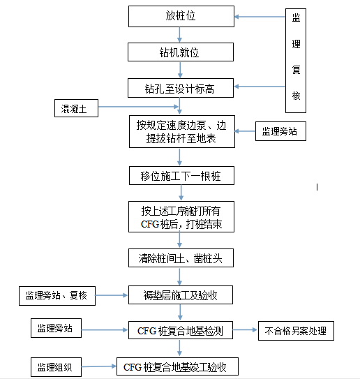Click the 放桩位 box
click(x=180, y=15)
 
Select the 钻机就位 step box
click(x=180, y=52)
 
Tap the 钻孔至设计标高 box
click(x=180, y=88)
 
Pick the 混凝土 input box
click(x=77, y=108)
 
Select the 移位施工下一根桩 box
click(x=180, y=176)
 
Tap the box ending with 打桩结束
click(x=180, y=217)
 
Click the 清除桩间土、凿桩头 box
click(x=180, y=258)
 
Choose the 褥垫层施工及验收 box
click(x=180, y=295)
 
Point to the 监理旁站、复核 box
click(x=55, y=295)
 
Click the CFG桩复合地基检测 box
click(x=180, y=331)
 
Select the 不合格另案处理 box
click(x=296, y=331)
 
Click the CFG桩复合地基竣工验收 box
click(x=180, y=366)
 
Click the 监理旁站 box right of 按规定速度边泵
click(x=279, y=131)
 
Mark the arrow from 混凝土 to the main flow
click(x=140, y=108)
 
